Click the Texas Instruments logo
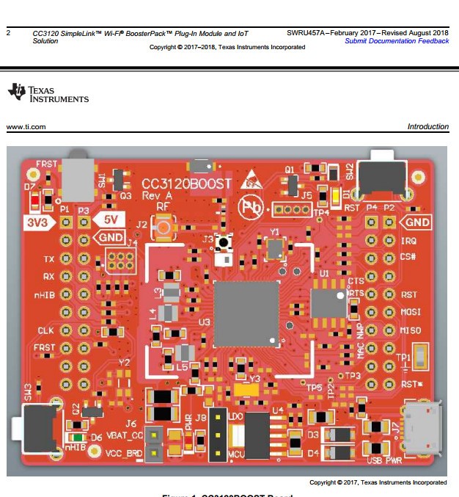point(47,93)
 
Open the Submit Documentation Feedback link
point(397,41)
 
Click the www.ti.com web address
point(26,127)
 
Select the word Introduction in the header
point(427,127)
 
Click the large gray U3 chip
point(246,313)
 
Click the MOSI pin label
point(411,313)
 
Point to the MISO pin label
point(411,330)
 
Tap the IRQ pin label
point(409,242)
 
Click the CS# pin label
point(409,258)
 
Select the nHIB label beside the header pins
point(45,296)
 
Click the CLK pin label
point(45,331)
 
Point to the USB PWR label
point(384,460)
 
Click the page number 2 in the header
point(8,33)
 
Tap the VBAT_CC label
point(125,435)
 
